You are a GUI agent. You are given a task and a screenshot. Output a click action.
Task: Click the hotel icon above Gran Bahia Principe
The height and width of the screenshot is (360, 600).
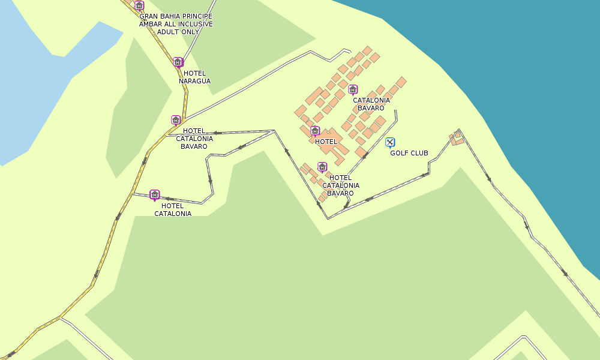click(139, 6)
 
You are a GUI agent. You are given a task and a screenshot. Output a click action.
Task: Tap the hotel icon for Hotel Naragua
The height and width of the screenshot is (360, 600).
click(178, 62)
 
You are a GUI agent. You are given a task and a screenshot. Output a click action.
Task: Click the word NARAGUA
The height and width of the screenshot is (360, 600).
click(194, 81)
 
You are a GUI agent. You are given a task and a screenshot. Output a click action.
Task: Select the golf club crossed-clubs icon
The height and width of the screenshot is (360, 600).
click(390, 142)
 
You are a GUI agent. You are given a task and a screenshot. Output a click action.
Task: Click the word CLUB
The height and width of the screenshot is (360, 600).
click(419, 153)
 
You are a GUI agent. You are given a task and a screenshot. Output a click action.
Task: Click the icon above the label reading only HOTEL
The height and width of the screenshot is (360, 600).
click(315, 130)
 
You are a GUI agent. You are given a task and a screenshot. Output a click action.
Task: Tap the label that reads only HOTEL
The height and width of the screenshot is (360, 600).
click(326, 142)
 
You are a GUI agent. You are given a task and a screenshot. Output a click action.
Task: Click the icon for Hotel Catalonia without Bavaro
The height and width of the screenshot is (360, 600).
click(154, 194)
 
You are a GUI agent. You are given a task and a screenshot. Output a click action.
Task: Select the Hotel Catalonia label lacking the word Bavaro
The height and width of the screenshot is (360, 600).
click(173, 209)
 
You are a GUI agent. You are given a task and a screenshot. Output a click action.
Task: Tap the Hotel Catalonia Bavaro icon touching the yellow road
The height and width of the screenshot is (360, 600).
click(176, 120)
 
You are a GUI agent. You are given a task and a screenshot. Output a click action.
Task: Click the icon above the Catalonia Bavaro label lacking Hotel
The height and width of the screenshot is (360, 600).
click(353, 89)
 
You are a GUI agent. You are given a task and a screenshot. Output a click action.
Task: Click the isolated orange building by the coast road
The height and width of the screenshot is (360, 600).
click(457, 139)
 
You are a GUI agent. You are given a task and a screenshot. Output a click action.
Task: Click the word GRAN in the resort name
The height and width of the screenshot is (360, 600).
click(148, 16)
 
